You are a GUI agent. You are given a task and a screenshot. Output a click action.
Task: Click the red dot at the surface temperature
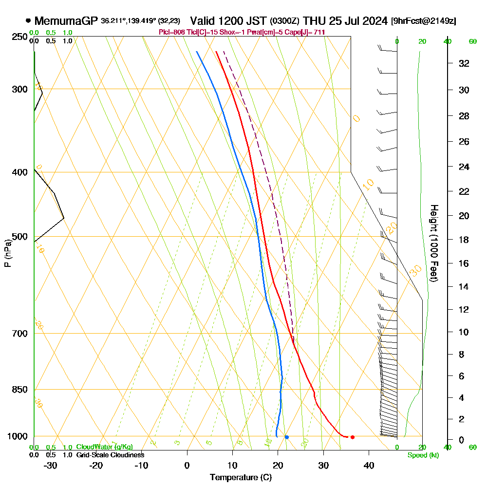(352, 437)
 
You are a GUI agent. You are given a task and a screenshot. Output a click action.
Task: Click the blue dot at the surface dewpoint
(287, 437)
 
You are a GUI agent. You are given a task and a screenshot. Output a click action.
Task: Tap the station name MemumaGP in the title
(66, 21)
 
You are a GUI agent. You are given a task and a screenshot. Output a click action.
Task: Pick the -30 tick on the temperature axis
(51, 465)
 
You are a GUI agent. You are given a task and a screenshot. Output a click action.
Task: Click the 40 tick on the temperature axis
(369, 465)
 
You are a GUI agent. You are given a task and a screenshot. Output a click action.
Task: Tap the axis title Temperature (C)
(241, 477)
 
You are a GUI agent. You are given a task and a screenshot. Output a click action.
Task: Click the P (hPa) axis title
(7, 253)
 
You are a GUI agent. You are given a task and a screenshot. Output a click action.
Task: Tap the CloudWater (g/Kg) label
(104, 447)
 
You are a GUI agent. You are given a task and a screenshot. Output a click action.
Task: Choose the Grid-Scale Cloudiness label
(110, 455)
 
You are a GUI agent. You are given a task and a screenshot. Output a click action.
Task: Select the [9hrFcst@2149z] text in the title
(423, 21)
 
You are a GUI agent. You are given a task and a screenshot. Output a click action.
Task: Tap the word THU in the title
(313, 21)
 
